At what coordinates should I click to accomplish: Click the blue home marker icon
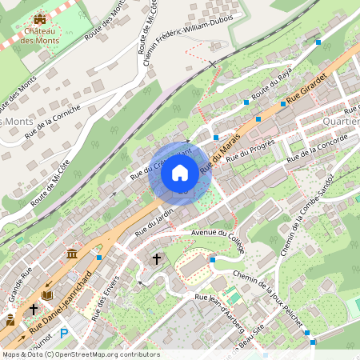(x=180, y=173)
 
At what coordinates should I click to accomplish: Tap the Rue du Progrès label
(x=250, y=151)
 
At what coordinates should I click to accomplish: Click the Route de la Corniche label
(x=52, y=120)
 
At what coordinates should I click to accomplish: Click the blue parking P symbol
(x=64, y=333)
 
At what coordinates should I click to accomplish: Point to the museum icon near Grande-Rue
(x=72, y=254)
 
